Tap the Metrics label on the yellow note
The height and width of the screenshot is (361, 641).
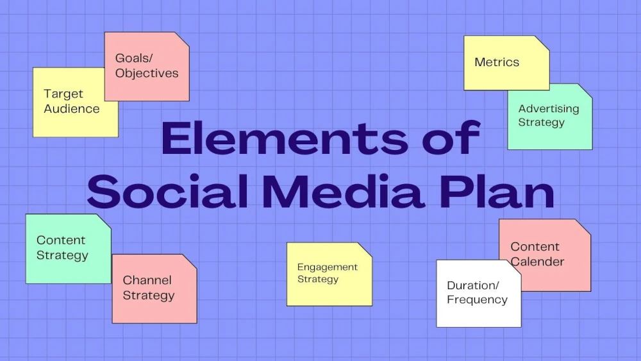497,62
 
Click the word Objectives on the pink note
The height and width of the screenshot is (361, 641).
147,74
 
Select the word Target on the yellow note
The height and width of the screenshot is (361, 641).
63,94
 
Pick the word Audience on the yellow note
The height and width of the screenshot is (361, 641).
72,109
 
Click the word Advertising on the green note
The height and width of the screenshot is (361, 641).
549,109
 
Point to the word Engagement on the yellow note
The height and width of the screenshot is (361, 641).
328,267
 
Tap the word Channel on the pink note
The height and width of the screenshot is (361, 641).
147,280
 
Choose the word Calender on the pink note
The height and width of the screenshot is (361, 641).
537,262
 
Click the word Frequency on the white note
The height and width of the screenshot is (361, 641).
477,300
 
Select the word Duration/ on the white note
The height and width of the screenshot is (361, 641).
473,285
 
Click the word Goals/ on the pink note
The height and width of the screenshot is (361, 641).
134,58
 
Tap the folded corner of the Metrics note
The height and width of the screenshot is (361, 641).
542,43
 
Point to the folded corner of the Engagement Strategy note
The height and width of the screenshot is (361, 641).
365,250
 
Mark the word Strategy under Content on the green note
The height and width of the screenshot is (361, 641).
63,255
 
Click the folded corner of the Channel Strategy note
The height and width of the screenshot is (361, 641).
190,262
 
